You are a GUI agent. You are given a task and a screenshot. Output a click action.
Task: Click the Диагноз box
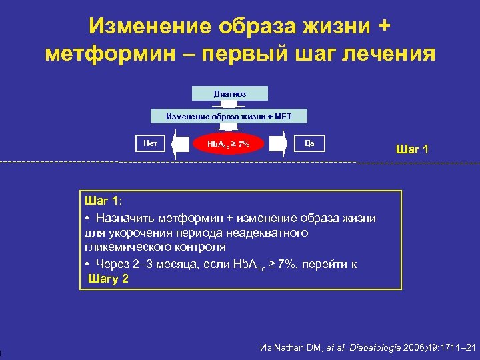tap(229, 94)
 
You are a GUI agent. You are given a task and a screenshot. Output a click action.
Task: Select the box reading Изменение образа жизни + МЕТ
tap(229, 117)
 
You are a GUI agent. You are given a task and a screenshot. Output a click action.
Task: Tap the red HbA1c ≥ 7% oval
tap(229, 143)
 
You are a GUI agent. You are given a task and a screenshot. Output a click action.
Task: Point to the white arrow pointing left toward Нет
tap(180, 143)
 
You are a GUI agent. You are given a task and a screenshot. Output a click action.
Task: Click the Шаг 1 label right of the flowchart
tap(412, 149)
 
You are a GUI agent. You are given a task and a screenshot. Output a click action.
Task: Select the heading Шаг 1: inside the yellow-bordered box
tap(104, 201)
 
